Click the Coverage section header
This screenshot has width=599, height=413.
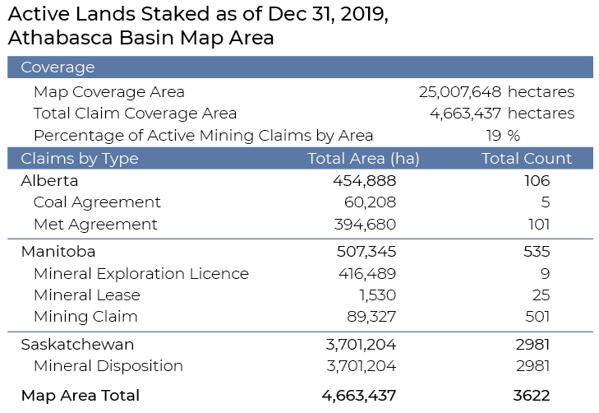click(58, 67)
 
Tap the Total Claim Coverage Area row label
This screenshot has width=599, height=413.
click(135, 114)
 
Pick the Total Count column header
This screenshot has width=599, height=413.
click(527, 159)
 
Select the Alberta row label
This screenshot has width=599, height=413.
click(49, 181)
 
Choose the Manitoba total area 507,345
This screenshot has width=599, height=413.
click(366, 251)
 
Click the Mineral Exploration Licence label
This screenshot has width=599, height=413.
click(141, 273)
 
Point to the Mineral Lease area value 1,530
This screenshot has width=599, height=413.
click(376, 295)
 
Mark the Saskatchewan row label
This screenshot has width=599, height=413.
click(77, 344)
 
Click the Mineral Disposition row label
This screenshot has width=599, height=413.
click(108, 365)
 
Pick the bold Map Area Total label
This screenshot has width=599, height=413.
click(81, 395)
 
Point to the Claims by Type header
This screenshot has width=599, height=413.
click(80, 159)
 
